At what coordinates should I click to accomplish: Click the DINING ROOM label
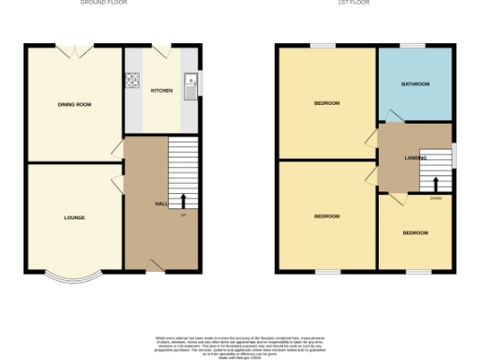coord(74,104)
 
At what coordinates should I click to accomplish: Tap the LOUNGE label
coord(74,217)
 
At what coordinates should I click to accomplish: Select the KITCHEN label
coord(162,90)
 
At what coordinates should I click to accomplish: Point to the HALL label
coord(160,203)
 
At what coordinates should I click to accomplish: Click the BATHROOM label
coord(414,84)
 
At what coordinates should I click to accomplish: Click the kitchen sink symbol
coord(190,86)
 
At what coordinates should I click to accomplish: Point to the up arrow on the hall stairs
coord(183,201)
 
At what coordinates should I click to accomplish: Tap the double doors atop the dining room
coord(74,49)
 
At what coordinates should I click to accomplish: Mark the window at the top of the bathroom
coord(412,45)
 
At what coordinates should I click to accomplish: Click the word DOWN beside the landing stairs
coord(436,198)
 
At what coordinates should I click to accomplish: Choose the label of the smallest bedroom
coord(414,232)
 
